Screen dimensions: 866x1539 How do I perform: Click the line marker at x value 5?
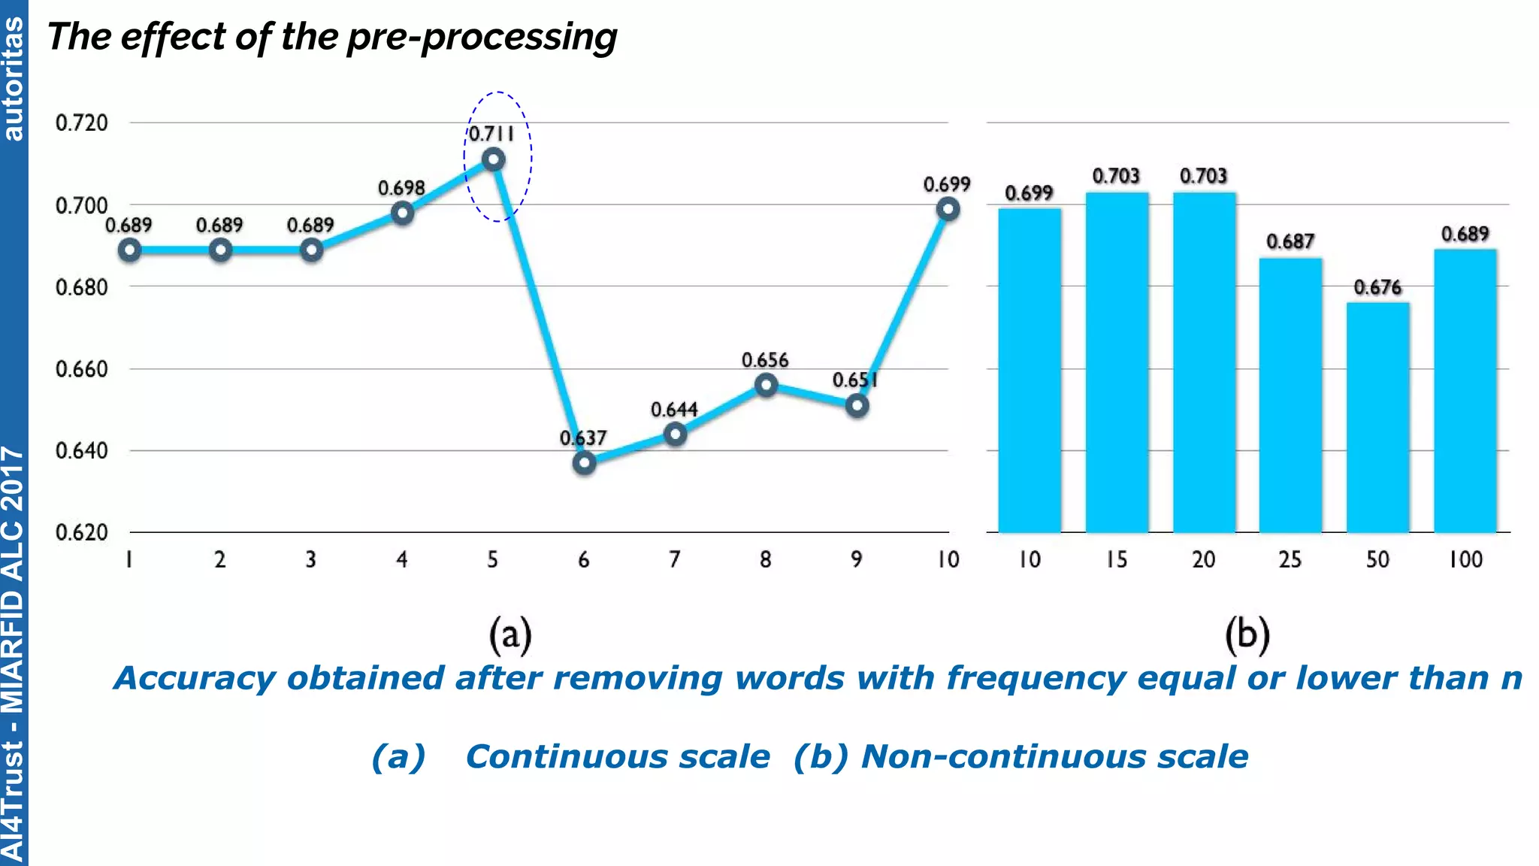tap(493, 159)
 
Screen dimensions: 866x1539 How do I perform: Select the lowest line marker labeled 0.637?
tap(584, 462)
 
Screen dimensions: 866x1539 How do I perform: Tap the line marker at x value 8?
tap(766, 386)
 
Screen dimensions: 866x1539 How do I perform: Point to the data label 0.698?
tap(401, 188)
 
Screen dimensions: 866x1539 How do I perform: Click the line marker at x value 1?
tap(129, 250)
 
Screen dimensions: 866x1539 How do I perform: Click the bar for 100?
tap(1465, 391)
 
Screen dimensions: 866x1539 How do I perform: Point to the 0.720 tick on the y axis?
tap(82, 123)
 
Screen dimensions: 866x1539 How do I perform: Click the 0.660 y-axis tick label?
tap(82, 369)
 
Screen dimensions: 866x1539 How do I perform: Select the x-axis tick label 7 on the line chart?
tap(675, 559)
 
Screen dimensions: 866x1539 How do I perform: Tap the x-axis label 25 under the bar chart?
tap(1290, 559)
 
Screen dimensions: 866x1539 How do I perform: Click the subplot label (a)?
tap(510, 634)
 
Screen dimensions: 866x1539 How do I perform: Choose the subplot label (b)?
tap(1247, 634)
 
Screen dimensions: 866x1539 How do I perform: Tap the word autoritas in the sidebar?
tap(14, 79)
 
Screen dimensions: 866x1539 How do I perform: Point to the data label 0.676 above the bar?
tap(1377, 287)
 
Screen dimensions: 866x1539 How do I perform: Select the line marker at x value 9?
tap(857, 406)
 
